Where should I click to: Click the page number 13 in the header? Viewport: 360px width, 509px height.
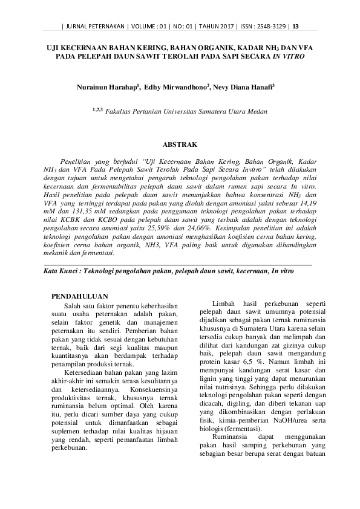(x=296, y=25)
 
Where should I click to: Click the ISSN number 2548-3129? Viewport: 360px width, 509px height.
(x=270, y=25)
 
